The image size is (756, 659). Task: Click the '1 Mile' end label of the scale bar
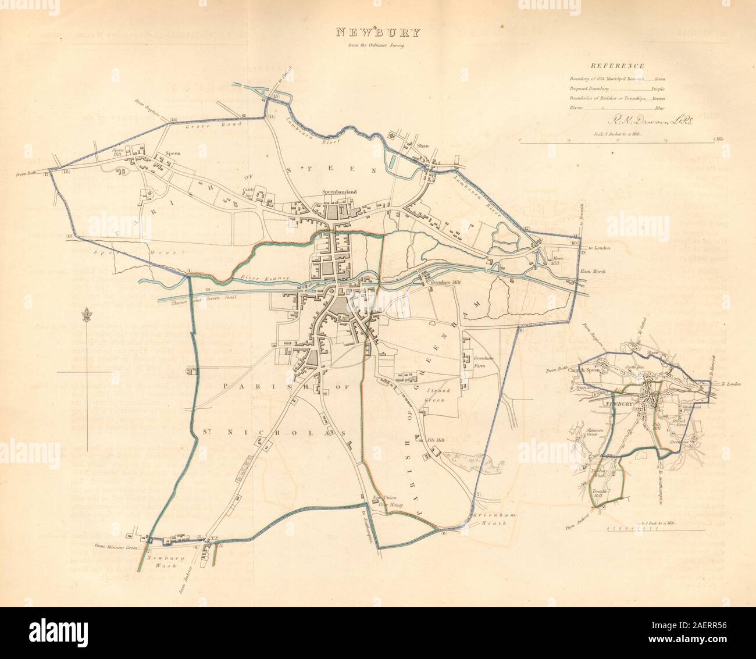[718, 140]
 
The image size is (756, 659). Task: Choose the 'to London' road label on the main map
[600, 249]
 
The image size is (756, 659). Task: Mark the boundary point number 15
[173, 120]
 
